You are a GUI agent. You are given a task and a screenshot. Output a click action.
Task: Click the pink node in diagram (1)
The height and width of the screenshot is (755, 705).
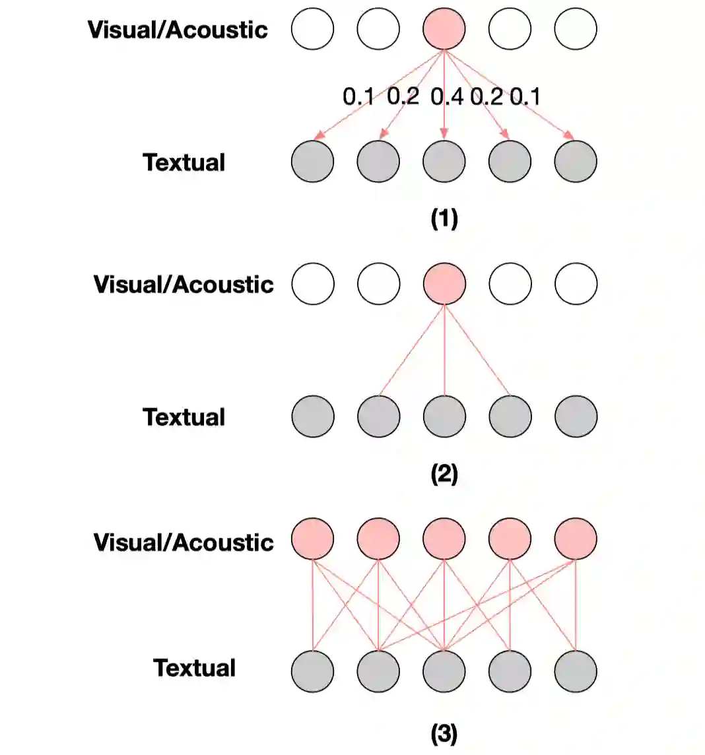click(x=444, y=29)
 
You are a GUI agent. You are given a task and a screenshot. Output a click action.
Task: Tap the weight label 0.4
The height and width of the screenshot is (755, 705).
click(x=447, y=97)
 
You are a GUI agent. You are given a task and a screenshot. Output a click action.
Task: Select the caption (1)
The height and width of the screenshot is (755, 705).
click(x=444, y=218)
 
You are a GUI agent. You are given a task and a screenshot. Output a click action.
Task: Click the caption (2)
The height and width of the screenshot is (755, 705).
click(x=444, y=474)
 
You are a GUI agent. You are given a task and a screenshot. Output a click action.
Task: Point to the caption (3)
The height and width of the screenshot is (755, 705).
click(x=444, y=734)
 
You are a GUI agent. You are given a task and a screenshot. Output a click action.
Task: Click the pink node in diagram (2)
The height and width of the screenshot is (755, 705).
click(x=444, y=284)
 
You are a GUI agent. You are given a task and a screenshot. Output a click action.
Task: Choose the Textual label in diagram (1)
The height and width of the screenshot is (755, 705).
click(x=184, y=162)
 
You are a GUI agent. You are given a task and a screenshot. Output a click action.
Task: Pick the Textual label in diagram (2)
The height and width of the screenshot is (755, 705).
click(x=184, y=417)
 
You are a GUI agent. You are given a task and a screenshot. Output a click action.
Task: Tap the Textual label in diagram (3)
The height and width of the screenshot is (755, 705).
click(x=195, y=668)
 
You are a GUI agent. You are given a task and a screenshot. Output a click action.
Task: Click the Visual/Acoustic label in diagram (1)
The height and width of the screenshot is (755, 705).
click(x=178, y=30)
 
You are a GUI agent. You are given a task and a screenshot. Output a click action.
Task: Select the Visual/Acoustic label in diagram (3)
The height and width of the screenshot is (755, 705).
click(x=184, y=542)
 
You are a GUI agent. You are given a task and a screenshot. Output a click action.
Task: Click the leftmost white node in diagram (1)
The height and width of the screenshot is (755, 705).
click(x=312, y=29)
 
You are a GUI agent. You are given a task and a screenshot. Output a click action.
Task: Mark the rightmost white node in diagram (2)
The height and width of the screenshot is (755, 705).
click(x=576, y=284)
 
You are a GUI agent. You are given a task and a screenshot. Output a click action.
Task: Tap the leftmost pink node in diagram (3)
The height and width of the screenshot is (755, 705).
click(x=312, y=539)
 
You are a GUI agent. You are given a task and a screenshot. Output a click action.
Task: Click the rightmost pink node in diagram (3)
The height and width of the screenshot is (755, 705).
click(x=576, y=539)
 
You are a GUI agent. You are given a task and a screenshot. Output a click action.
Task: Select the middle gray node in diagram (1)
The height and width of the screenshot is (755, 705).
click(x=444, y=161)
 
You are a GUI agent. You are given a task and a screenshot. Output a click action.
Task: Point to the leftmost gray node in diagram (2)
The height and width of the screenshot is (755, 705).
click(x=312, y=416)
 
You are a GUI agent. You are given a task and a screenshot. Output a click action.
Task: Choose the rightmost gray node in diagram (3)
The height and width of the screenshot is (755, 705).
click(x=576, y=671)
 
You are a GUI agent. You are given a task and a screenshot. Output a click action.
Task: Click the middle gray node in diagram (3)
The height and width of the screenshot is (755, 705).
click(x=444, y=671)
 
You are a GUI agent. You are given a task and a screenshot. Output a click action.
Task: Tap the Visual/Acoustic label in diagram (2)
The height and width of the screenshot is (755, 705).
click(x=184, y=284)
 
